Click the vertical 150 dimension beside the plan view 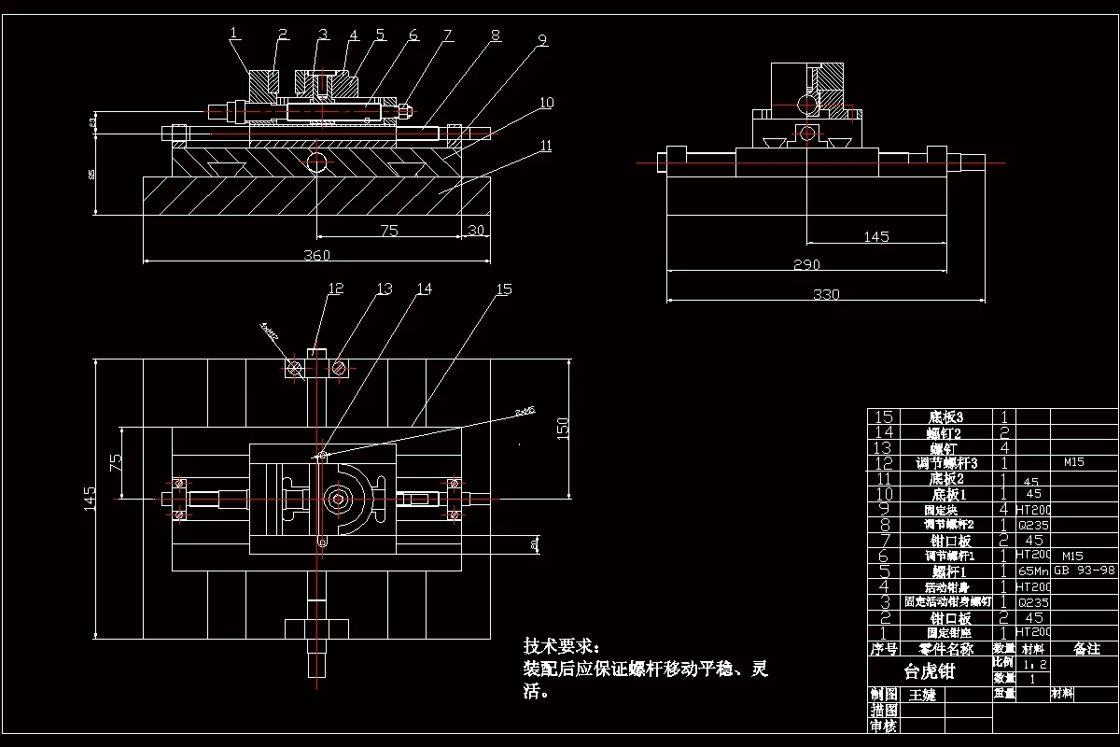tap(562, 428)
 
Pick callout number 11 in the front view tap(546, 145)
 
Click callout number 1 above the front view tap(233, 33)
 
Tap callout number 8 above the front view tap(495, 35)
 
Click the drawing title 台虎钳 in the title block tap(930, 671)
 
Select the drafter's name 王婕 tap(915, 696)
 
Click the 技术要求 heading tap(562, 646)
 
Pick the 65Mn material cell tap(1033, 571)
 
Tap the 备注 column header tap(1085, 648)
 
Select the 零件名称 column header tap(945, 648)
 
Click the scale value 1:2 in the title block tap(1033, 664)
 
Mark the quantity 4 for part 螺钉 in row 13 tap(1003, 447)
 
